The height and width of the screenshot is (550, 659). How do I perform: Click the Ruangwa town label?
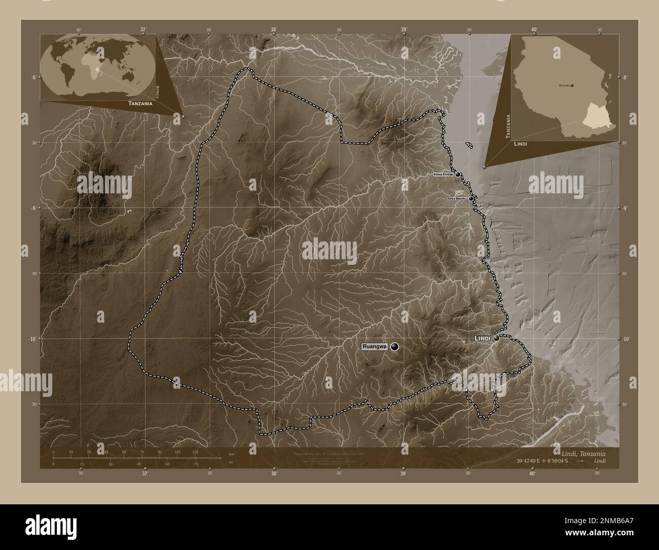tap(375, 347)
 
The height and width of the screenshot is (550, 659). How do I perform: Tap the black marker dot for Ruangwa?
tap(394, 347)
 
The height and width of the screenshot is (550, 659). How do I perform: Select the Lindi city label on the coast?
tap(482, 338)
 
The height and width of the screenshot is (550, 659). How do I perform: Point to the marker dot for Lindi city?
tap(496, 337)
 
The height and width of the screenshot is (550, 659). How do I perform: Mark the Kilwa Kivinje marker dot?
tap(458, 174)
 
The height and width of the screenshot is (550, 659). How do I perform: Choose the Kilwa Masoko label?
tap(457, 198)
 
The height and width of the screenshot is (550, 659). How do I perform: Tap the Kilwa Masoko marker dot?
tap(471, 198)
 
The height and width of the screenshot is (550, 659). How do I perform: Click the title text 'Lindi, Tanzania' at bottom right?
tap(583, 453)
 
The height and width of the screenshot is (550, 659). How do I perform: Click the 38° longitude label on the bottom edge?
tap(274, 474)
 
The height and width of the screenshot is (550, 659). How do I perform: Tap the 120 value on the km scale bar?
tap(195, 451)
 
